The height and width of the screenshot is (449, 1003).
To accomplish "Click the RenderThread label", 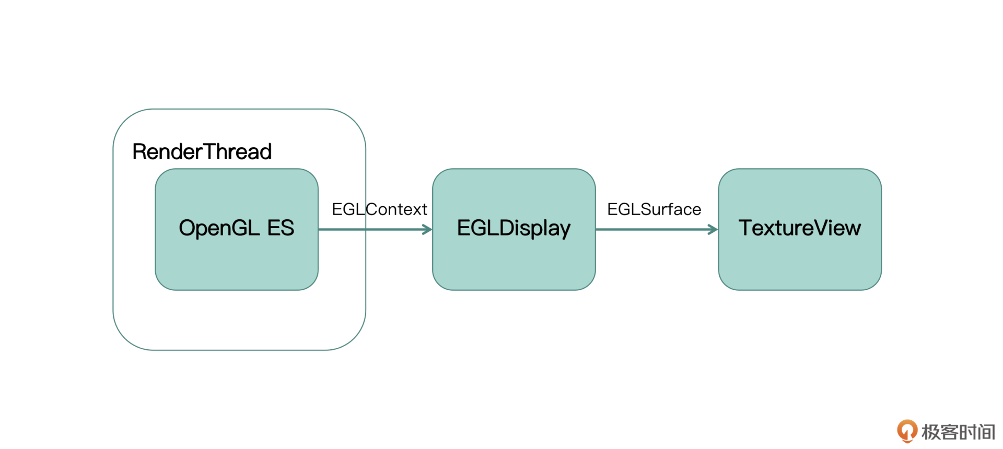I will tap(202, 152).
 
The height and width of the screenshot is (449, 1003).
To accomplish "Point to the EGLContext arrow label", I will tap(379, 209).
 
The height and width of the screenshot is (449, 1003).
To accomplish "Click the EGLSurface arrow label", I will tap(654, 209).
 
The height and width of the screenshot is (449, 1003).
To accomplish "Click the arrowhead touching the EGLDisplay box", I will tap(428, 229).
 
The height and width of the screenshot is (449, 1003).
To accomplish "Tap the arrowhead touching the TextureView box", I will tap(714, 229).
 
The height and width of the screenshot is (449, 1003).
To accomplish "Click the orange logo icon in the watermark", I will tap(907, 431).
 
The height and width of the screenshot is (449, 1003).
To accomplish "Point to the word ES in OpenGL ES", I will tap(281, 228).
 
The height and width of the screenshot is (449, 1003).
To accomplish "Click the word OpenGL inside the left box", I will tap(219, 228).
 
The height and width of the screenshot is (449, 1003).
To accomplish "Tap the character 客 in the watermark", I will tap(949, 432).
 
